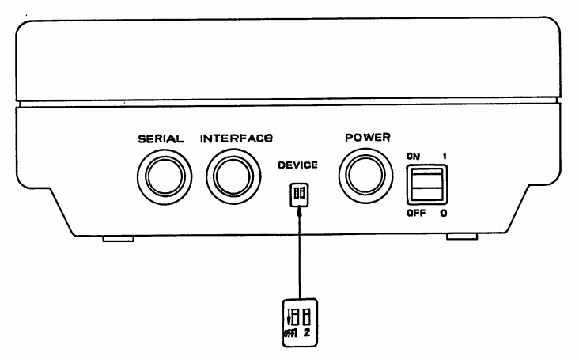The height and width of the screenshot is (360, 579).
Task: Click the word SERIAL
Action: (x=161, y=138)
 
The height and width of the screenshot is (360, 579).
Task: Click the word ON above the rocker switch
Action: (x=413, y=157)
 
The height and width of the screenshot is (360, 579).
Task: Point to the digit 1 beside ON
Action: (x=446, y=157)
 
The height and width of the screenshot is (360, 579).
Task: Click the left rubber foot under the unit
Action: (x=119, y=236)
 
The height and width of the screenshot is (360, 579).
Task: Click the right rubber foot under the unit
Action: (x=461, y=236)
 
